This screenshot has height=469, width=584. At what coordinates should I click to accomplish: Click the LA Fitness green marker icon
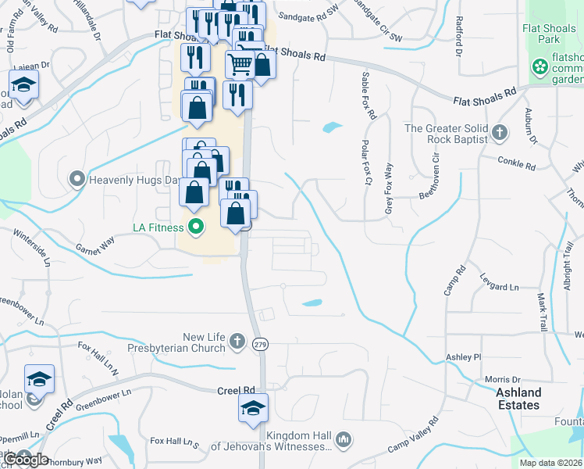(x=195, y=228)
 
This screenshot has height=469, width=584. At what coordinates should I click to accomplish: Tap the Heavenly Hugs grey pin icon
(x=77, y=180)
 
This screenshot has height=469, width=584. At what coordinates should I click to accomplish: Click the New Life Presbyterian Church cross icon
(x=238, y=342)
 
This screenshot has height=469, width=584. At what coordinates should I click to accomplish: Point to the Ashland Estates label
(x=519, y=399)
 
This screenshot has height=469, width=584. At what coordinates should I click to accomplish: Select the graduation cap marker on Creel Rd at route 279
(x=253, y=408)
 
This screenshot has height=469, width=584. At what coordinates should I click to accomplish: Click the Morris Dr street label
(x=502, y=379)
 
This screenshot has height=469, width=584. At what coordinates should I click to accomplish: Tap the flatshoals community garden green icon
(x=539, y=67)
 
